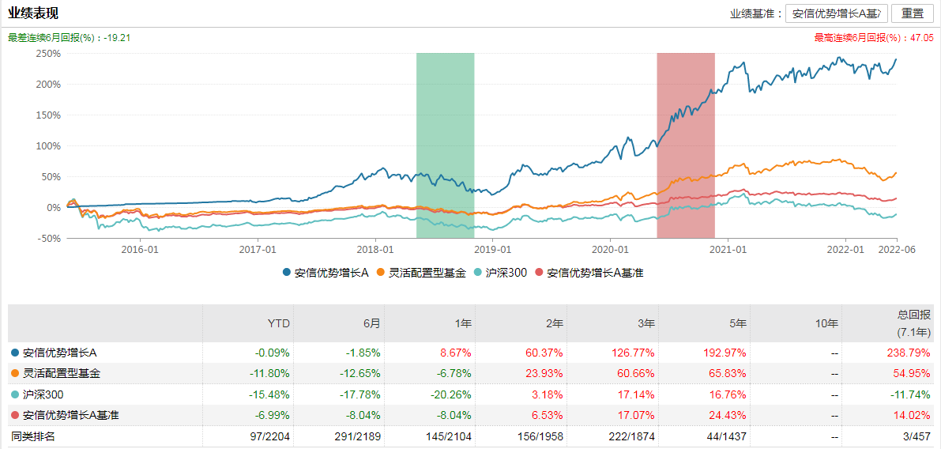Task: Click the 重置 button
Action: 912,13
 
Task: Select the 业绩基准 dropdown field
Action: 837,13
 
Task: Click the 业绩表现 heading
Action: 33,13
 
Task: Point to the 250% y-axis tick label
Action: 48,54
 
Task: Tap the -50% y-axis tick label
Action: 48,238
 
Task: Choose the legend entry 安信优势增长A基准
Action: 589,273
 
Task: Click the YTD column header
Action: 279,323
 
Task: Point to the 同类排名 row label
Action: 33,436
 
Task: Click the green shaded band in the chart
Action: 445,142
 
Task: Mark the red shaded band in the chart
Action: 685,142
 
